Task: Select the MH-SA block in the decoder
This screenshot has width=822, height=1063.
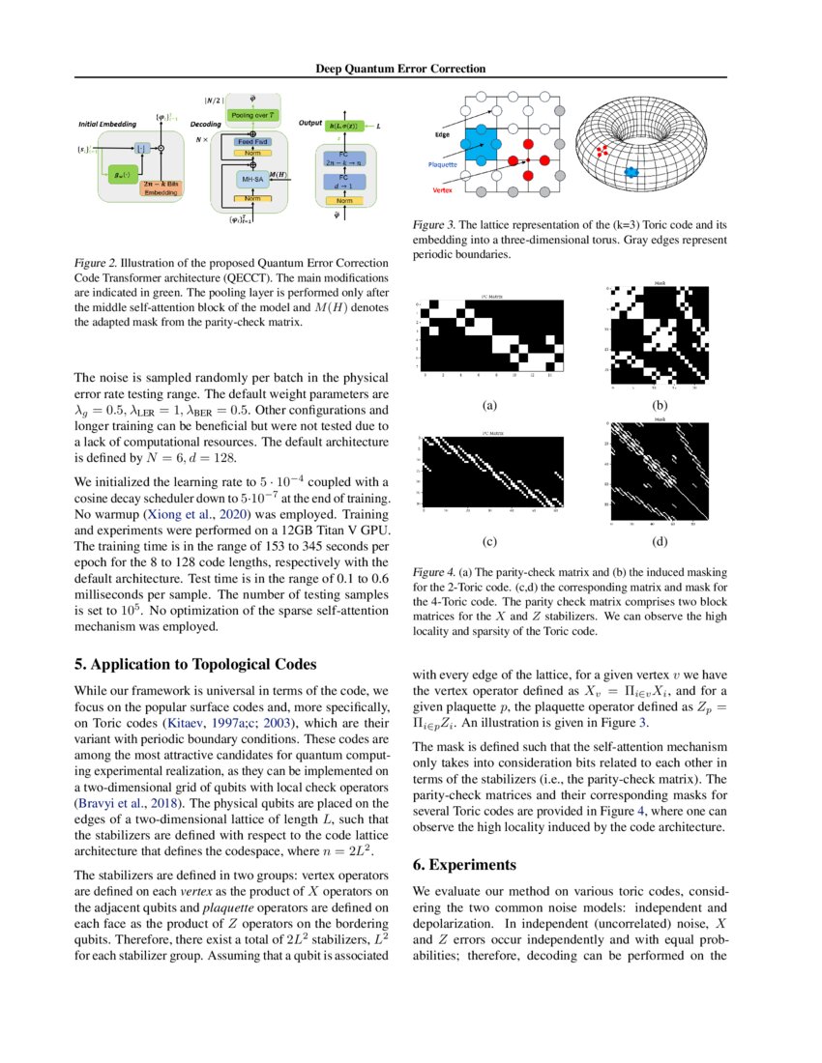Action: click(251, 179)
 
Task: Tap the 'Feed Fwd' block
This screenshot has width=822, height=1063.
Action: click(252, 141)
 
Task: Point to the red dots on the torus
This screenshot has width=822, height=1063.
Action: click(602, 150)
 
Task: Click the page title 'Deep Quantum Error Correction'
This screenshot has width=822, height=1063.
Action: click(400, 69)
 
